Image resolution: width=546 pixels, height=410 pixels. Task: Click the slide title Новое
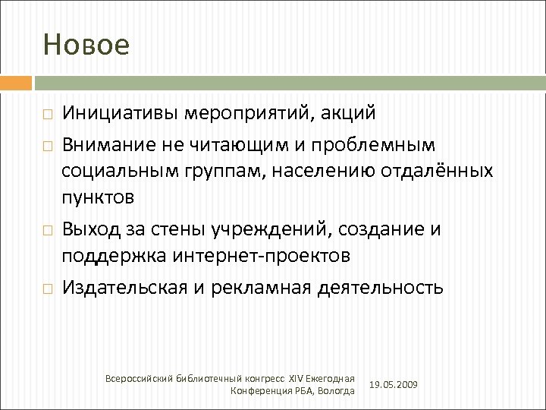[x=86, y=45]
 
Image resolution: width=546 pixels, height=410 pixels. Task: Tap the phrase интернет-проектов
[x=262, y=256]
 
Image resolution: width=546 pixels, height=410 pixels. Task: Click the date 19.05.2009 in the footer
[x=393, y=385]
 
